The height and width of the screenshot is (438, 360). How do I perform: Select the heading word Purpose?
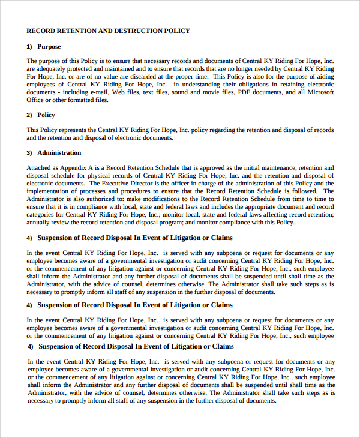pyautogui.click(x=49, y=46)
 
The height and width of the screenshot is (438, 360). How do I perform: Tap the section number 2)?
pyautogui.click(x=29, y=115)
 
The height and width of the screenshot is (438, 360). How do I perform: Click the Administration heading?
pyautogui.click(x=59, y=153)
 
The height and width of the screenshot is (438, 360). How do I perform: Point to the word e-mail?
pyautogui.click(x=99, y=92)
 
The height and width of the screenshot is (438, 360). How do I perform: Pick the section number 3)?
pyautogui.click(x=29, y=153)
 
